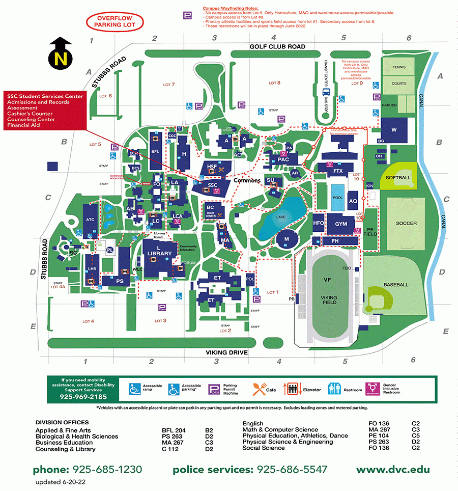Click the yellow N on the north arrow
[x=61, y=59]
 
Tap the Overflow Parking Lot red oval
[x=115, y=21]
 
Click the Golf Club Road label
[x=277, y=46]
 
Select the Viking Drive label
[x=226, y=352]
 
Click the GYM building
[x=341, y=224]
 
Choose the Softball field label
[x=398, y=177]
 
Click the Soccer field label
[x=406, y=223]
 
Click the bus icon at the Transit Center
[x=326, y=92]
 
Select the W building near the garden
[x=394, y=129]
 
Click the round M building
[x=287, y=239]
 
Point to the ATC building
[x=90, y=220]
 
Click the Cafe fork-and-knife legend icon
[x=259, y=390]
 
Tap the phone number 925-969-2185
[x=83, y=396]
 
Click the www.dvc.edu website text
[x=392, y=470]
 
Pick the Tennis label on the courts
[x=399, y=67]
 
